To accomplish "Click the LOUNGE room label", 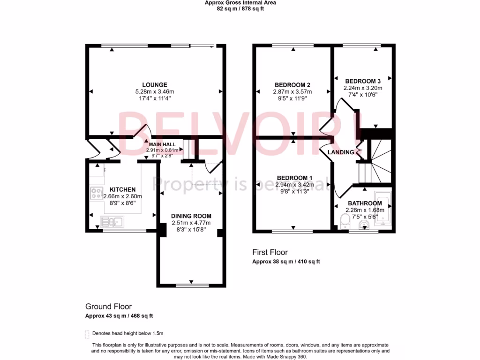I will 154,85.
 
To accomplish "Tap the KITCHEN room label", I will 122,189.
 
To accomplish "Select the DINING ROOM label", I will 191,216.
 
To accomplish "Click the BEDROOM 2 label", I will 292,85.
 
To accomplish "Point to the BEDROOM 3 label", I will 363,81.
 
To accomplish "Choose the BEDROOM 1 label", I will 295,178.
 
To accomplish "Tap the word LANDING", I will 341,152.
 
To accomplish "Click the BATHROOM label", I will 364,203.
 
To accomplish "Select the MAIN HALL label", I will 162,144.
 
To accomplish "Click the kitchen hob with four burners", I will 97,193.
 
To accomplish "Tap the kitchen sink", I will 112,222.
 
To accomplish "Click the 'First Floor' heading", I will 270,252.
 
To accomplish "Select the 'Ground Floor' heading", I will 108,307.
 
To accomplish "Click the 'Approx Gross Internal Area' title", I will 240,3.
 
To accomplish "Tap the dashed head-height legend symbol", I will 87,334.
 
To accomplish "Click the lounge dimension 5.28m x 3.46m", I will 154,92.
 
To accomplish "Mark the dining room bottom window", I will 192,285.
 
